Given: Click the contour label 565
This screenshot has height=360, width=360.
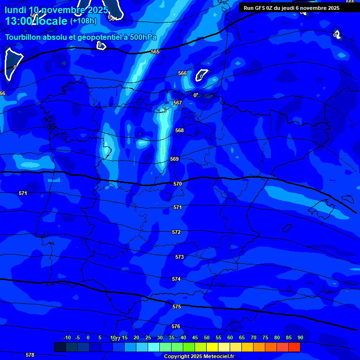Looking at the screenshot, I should click(155, 52).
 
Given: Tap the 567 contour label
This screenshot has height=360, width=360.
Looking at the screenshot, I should click(178, 103).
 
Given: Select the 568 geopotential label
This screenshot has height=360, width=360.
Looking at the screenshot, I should click(180, 131).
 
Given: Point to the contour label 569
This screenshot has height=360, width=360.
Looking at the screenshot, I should click(174, 159).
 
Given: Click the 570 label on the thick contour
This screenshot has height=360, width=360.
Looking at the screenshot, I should click(178, 184).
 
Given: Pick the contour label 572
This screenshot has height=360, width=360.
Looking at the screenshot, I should click(176, 232).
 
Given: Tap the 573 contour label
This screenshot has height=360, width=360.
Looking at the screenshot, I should click(180, 257).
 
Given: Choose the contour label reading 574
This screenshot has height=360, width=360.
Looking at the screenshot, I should click(176, 279).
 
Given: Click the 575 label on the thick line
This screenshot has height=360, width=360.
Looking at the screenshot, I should click(177, 307).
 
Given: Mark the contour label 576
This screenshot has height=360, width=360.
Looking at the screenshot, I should click(176, 326).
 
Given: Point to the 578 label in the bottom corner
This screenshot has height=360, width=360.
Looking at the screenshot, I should click(30, 355).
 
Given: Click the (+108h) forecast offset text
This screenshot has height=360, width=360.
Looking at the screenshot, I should click(83, 21).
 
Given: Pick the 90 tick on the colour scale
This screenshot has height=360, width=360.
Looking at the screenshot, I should click(300, 337).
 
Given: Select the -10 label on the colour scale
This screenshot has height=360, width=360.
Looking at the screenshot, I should click(67, 337).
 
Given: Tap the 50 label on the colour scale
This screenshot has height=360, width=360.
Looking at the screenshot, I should click(207, 337).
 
